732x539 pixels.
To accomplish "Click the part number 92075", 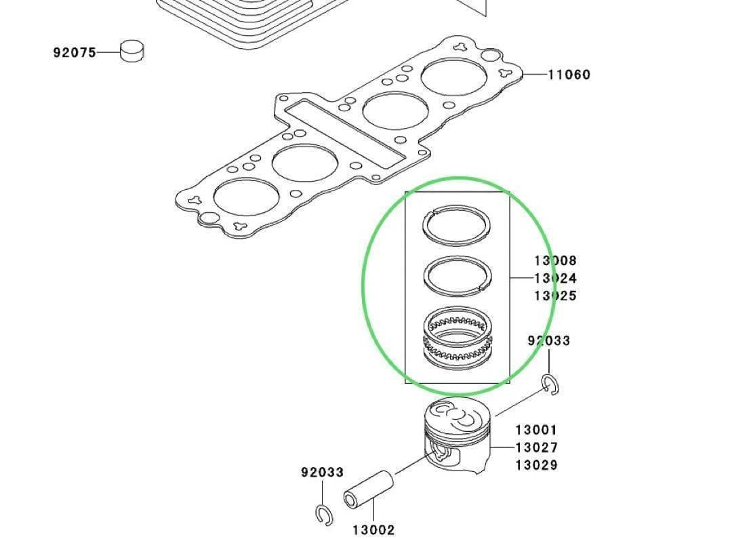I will click(x=75, y=52).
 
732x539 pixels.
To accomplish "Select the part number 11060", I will click(x=569, y=75).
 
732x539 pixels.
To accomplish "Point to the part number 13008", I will click(x=555, y=260).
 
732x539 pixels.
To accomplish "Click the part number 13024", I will click(x=555, y=278).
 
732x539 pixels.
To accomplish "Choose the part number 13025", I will click(x=555, y=296).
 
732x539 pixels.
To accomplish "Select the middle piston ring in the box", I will click(x=456, y=274).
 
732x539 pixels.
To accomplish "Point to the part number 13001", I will click(x=536, y=430).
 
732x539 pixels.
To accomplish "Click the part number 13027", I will click(x=536, y=447).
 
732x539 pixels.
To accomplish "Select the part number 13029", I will click(x=536, y=465).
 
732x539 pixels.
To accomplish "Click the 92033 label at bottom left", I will click(x=322, y=472).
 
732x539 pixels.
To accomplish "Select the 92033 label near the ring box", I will click(x=548, y=340).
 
